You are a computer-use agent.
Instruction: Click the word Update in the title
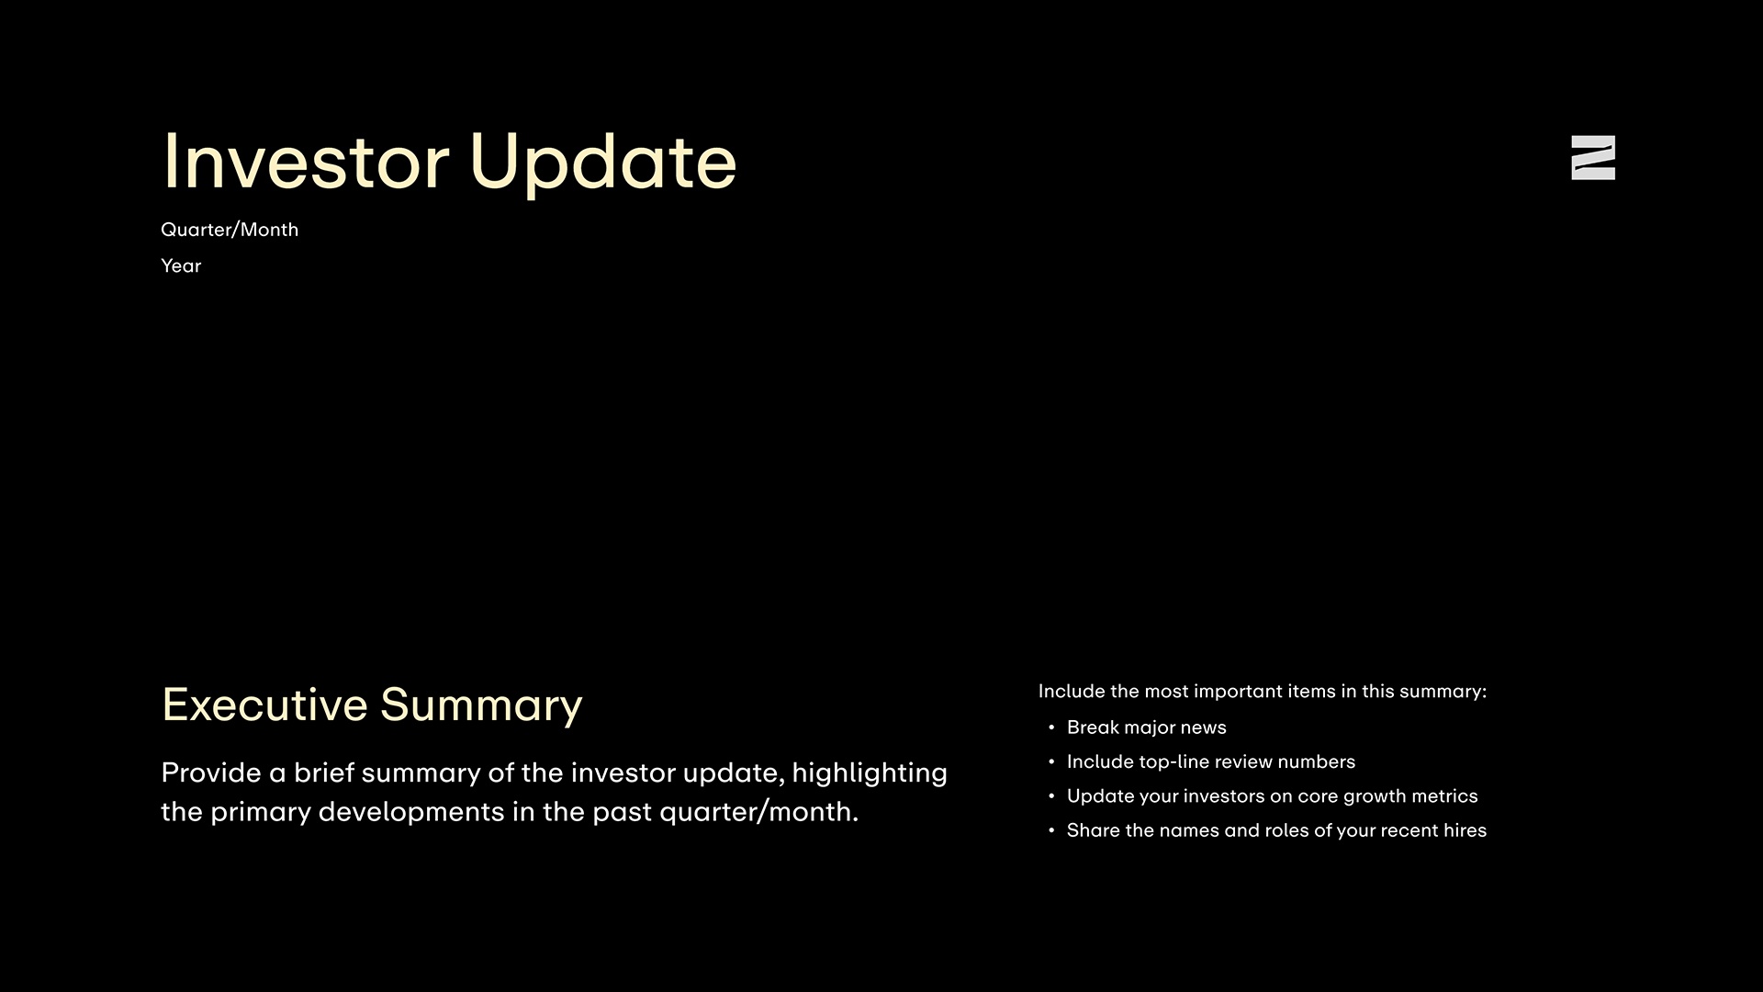tap(602, 163)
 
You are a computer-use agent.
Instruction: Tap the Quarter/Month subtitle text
tap(230, 230)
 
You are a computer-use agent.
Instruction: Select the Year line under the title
tap(181, 266)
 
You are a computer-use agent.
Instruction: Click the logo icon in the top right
tap(1593, 158)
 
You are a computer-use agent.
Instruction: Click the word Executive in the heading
tap(264, 705)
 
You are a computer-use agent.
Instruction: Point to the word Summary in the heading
tap(481, 705)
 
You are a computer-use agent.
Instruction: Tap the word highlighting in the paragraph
tap(869, 773)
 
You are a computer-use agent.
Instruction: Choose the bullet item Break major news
tap(1146, 727)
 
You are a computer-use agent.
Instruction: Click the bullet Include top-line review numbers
tap(1210, 762)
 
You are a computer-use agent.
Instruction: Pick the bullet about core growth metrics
tap(1272, 796)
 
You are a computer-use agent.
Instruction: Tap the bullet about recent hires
tap(1276, 831)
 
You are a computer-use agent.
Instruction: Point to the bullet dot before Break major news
tap(1051, 727)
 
